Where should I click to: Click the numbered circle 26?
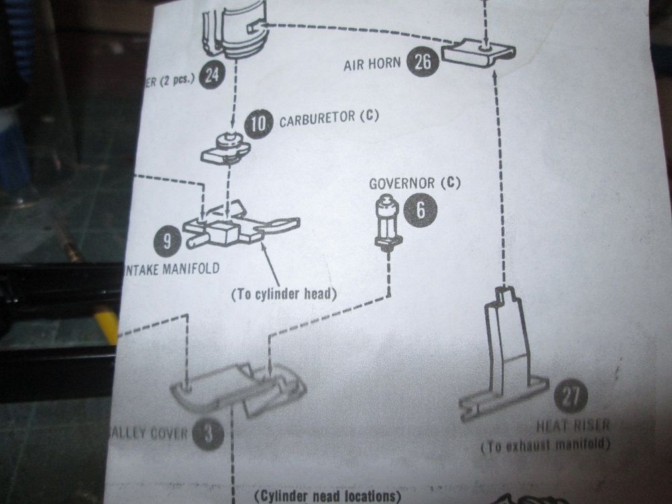pos(423,64)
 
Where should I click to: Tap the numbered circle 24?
pos(211,76)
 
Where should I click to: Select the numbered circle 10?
pos(259,123)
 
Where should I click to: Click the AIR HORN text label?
pos(372,65)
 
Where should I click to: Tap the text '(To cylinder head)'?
pos(283,294)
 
